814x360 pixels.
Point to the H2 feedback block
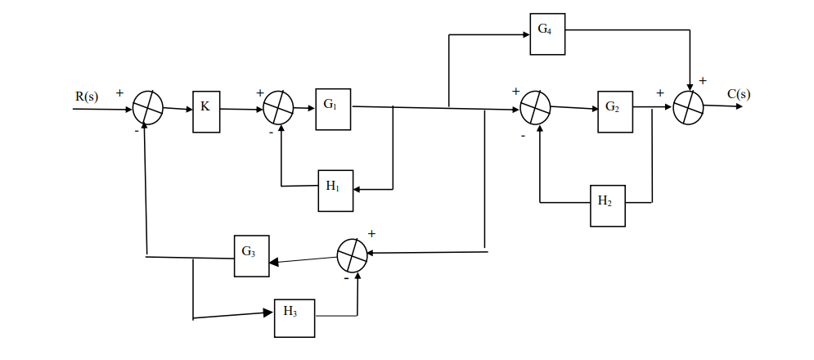click(x=607, y=206)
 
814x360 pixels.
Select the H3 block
click(x=294, y=316)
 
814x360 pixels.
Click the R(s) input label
click(x=87, y=97)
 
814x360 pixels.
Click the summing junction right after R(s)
click(x=148, y=108)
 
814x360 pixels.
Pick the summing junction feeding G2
click(x=536, y=108)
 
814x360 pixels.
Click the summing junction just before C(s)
click(x=689, y=107)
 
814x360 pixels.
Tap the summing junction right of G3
click(x=353, y=257)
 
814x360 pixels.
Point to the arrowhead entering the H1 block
click(x=359, y=188)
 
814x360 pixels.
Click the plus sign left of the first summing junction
click(x=119, y=93)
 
